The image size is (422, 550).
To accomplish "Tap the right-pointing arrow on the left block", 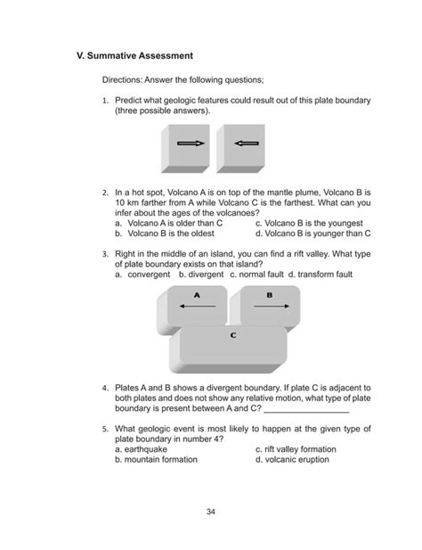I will coord(191,143).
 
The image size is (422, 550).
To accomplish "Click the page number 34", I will coord(211,512).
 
